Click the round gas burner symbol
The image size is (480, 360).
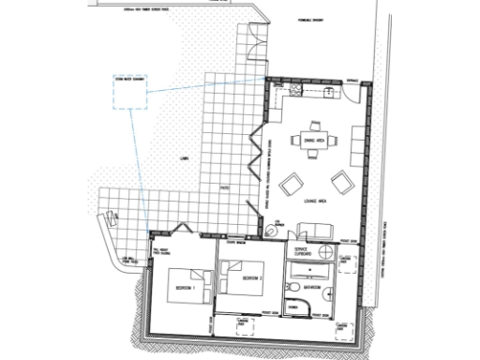click(278, 224)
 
